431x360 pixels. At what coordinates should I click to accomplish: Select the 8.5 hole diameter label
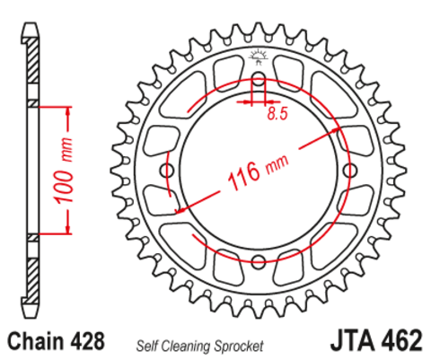pyautogui.click(x=277, y=114)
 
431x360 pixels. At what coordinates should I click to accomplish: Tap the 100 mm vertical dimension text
pyautogui.click(x=66, y=171)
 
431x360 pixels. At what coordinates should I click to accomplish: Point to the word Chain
pyautogui.click(x=37, y=342)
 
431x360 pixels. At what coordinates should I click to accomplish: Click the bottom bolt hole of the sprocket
pyautogui.click(x=259, y=260)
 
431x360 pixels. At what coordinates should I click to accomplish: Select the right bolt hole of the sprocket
pyautogui.click(x=348, y=171)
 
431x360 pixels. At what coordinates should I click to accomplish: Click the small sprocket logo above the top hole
pyautogui.click(x=259, y=57)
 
